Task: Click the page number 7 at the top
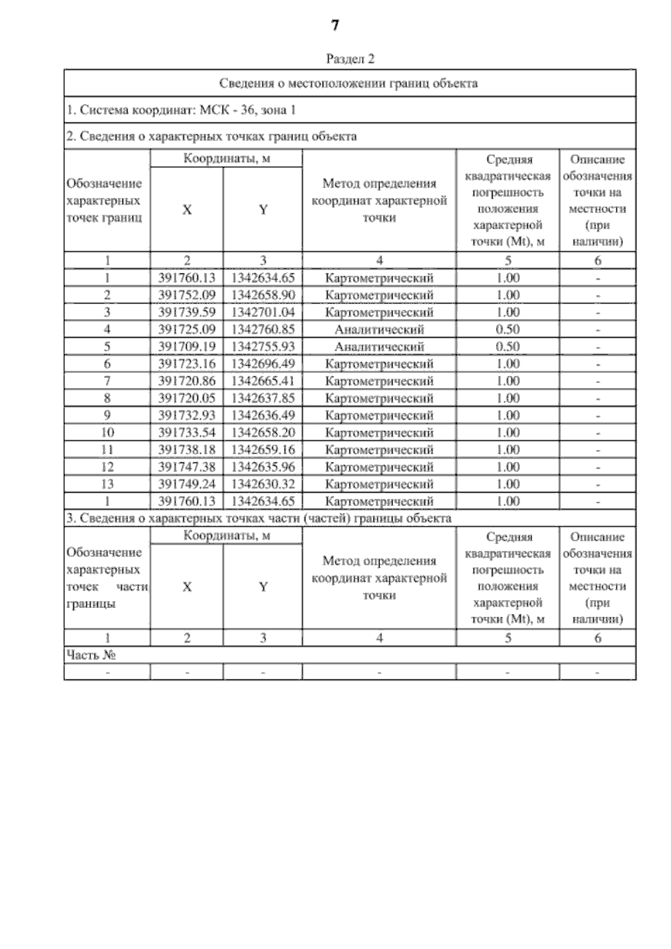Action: [335, 26]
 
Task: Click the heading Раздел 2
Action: [350, 58]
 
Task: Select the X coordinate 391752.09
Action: [187, 295]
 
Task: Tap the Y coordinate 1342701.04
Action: [263, 312]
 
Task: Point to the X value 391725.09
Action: [187, 329]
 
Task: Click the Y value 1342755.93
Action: [263, 347]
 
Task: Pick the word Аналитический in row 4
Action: [379, 329]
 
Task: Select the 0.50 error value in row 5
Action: [508, 347]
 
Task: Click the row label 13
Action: [107, 484]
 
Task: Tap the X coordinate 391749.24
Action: [187, 484]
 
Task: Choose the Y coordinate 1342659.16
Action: [263, 450]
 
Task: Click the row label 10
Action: [107, 432]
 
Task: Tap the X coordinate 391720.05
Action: [187, 398]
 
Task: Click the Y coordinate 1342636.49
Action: [263, 416]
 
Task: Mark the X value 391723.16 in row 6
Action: [187, 364]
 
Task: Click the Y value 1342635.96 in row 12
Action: [263, 467]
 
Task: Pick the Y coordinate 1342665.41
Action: [263, 381]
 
